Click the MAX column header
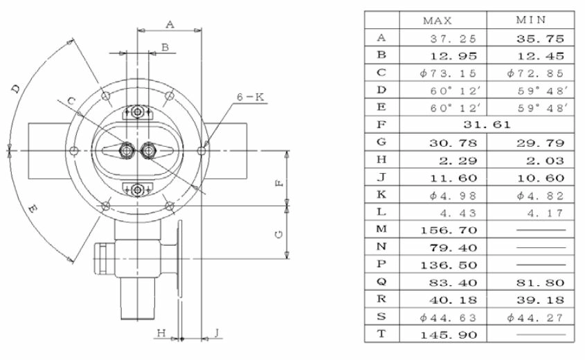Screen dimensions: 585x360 pyautogui.click(x=438, y=21)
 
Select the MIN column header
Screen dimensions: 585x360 pyautogui.click(x=531, y=19)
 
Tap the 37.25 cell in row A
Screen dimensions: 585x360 pyautogui.click(x=453, y=39)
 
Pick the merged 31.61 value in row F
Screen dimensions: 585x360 pyautogui.click(x=487, y=125)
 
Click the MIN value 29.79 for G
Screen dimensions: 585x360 pyautogui.click(x=540, y=143)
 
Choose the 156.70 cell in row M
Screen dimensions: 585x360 pyautogui.click(x=449, y=230)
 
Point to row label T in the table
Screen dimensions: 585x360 pyautogui.click(x=381, y=334)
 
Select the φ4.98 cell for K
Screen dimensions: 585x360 pyautogui.click(x=453, y=195)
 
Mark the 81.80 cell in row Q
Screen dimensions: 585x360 pyautogui.click(x=540, y=282)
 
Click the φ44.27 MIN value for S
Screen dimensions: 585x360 pyautogui.click(x=535, y=318)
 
